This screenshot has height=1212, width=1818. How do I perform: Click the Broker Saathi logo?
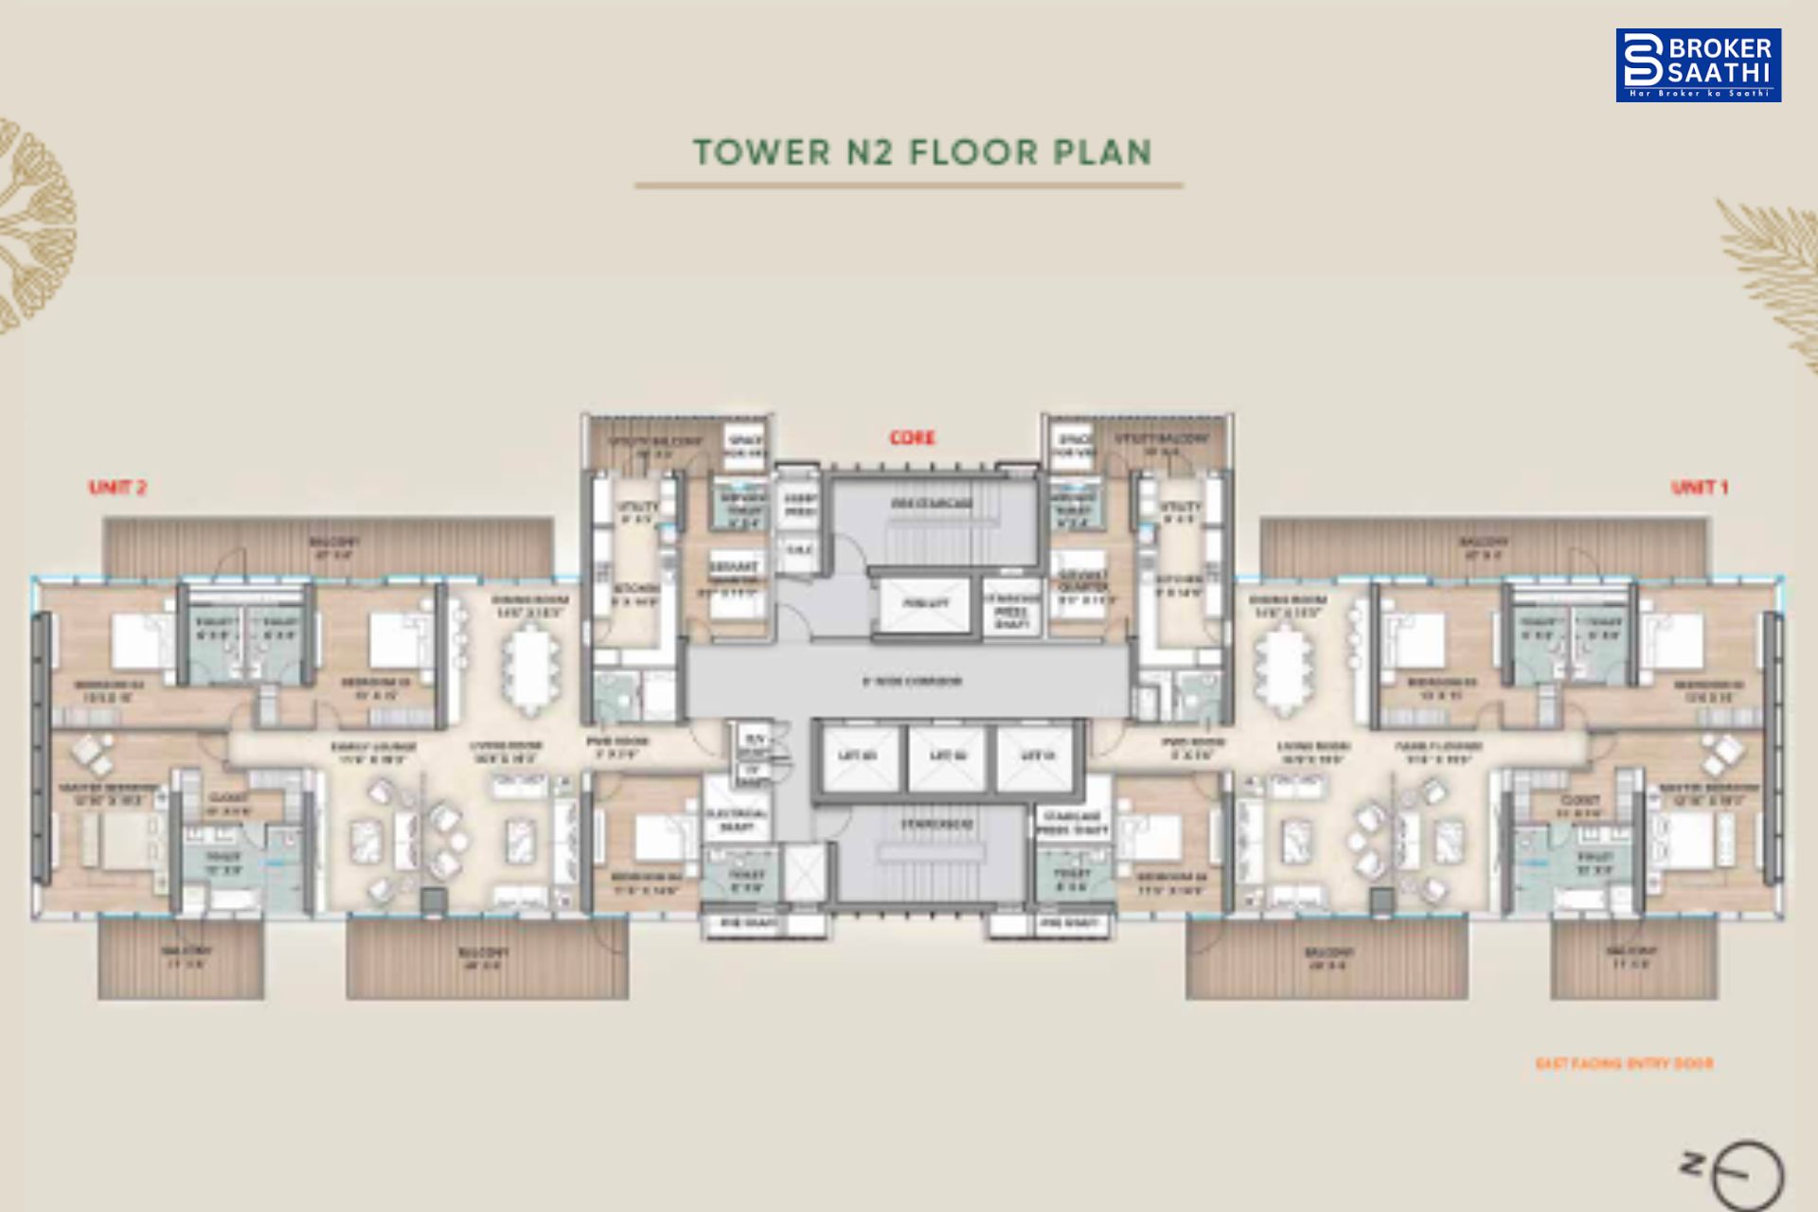click(1698, 64)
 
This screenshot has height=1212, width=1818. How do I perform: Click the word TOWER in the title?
click(762, 152)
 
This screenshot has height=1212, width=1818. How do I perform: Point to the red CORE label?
click(912, 437)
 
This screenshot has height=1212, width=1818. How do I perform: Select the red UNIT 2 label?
click(117, 488)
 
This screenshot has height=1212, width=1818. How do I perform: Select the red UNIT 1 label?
click(1700, 488)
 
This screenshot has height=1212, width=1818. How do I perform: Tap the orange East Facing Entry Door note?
click(1624, 1063)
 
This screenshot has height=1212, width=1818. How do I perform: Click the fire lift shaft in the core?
click(924, 604)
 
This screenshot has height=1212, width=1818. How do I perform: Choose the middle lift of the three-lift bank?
click(948, 757)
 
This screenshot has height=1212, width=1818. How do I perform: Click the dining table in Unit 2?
click(530, 668)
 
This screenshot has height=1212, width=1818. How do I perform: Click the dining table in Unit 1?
click(1285, 668)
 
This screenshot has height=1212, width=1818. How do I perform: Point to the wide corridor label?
click(911, 681)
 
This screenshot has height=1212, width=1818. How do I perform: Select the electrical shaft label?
click(736, 820)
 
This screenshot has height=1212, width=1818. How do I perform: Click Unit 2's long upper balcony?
click(328, 547)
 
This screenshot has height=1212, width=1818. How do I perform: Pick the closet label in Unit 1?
click(1579, 806)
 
